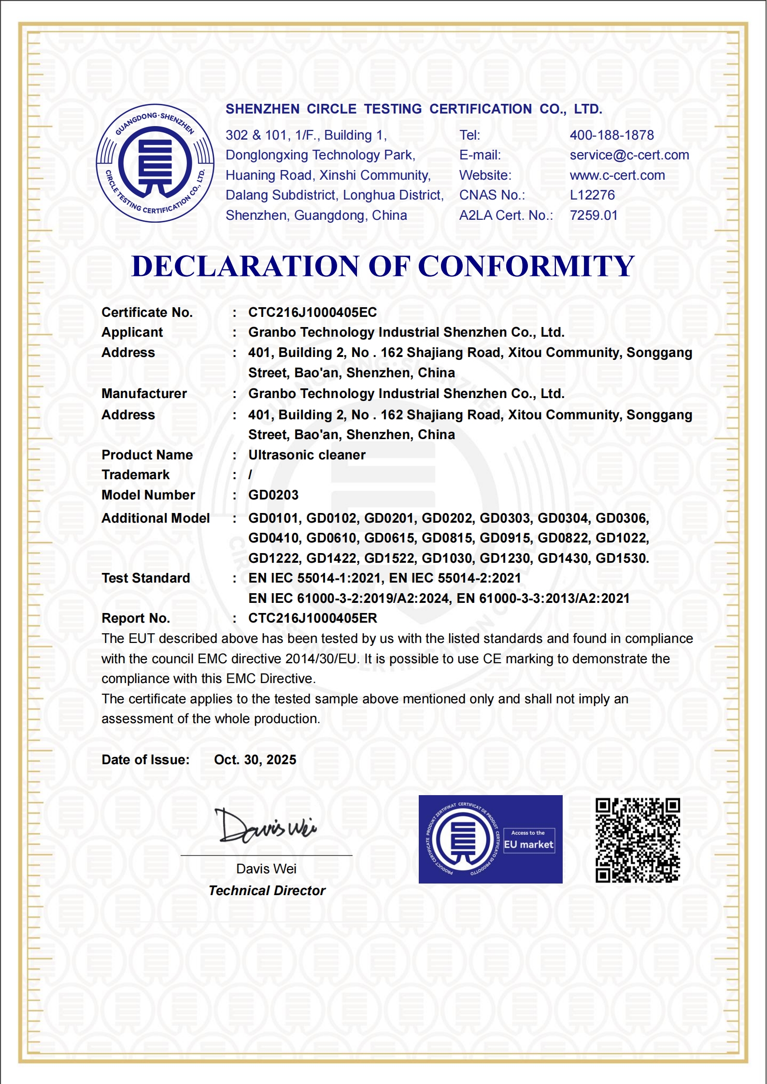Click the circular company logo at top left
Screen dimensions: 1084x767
(x=155, y=163)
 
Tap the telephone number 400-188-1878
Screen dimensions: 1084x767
(x=611, y=135)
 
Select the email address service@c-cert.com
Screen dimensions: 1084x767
(x=629, y=155)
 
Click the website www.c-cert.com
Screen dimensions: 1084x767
(x=617, y=175)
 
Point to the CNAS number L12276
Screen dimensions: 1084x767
(x=592, y=195)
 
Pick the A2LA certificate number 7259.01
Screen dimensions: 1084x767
(x=593, y=215)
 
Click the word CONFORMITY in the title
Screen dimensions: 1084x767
(x=526, y=266)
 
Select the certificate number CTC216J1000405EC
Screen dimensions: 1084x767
(x=312, y=313)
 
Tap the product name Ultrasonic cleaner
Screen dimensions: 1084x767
(x=307, y=455)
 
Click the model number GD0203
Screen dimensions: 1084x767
(x=273, y=495)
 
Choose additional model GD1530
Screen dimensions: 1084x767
(x=622, y=558)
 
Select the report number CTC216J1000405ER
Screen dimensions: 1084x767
(x=312, y=618)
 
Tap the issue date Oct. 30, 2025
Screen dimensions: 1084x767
(x=255, y=760)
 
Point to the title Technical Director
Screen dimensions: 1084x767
(x=267, y=891)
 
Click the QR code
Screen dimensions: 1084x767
(x=638, y=840)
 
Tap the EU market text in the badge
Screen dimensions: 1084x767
(x=528, y=845)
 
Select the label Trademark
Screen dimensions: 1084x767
(x=135, y=475)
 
